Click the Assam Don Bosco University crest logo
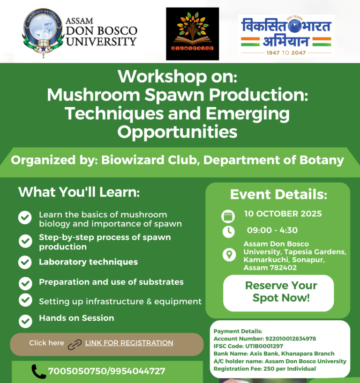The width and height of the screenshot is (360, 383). [43, 33]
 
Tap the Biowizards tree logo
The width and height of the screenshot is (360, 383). [192, 34]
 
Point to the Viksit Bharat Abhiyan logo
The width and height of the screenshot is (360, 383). [286, 35]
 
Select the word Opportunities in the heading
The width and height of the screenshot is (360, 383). [177, 132]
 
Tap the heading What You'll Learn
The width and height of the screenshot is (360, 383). [79, 192]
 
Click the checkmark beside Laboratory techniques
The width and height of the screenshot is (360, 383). [25, 262]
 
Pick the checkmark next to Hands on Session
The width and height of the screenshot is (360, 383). [25, 321]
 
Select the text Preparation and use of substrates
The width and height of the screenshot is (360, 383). [111, 282]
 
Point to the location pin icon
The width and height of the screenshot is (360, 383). [228, 255]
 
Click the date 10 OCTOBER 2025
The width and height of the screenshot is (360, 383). [283, 214]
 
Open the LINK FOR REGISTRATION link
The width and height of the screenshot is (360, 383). [129, 343]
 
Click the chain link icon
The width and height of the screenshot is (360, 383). [75, 344]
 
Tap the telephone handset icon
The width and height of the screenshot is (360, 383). [38, 371]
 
